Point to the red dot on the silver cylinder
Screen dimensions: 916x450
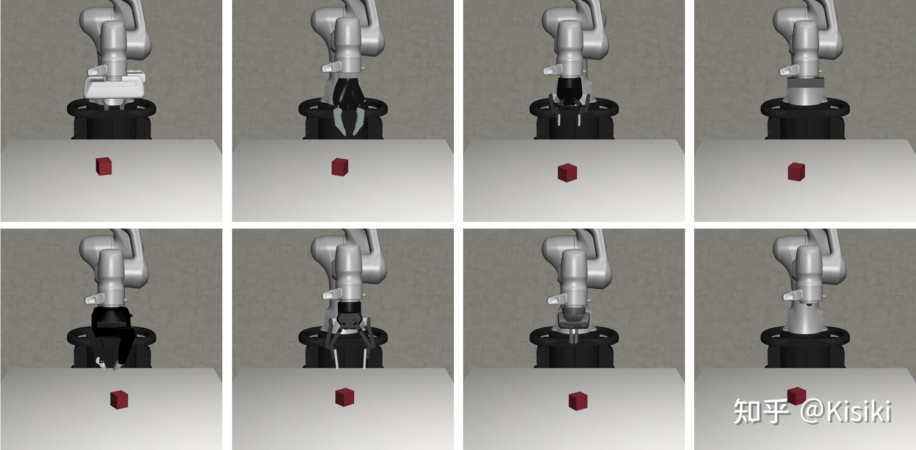coord(809,305)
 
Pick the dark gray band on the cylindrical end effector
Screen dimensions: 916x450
coord(805,84)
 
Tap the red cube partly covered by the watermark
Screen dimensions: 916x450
coord(796,396)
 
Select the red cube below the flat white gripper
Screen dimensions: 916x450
coord(104,166)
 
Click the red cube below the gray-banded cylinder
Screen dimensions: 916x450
coord(796,172)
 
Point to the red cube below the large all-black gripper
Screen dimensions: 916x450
coord(119,399)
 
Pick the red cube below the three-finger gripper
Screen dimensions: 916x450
coord(345,397)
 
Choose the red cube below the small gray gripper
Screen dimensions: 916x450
coord(578,401)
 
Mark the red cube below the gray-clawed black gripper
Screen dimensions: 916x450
coord(340,167)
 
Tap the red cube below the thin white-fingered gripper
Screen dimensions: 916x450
coord(567,172)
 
